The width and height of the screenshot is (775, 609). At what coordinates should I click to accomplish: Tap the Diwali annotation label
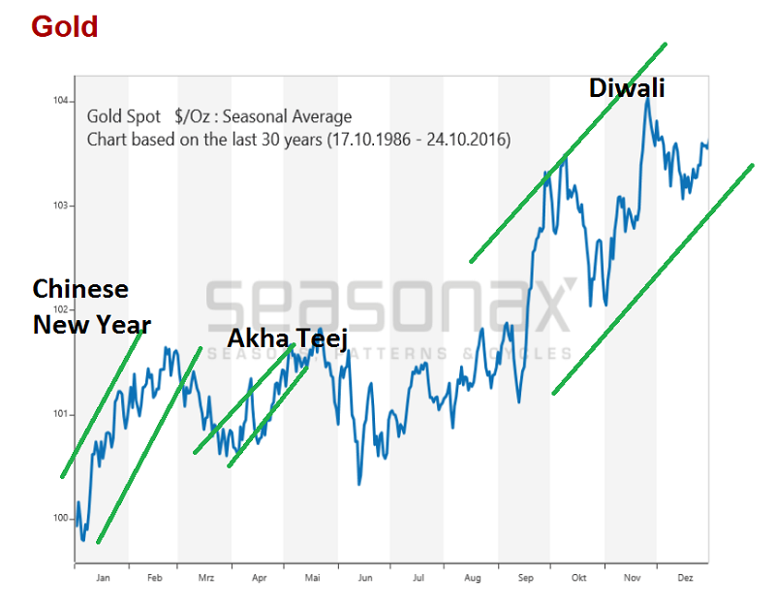pyautogui.click(x=628, y=89)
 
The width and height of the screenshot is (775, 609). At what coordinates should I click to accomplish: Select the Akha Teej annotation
pyautogui.click(x=287, y=338)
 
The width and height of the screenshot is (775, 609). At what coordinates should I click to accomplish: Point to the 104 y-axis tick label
pyautogui.click(x=60, y=101)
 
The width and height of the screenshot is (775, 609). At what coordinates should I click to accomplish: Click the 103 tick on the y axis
pyautogui.click(x=60, y=206)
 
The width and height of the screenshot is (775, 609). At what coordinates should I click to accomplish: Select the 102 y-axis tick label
pyautogui.click(x=60, y=310)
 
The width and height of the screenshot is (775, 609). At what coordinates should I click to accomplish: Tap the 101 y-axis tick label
pyautogui.click(x=60, y=415)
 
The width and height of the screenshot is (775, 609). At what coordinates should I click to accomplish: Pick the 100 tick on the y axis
pyautogui.click(x=60, y=519)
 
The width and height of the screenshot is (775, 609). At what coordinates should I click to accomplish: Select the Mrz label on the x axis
pyautogui.click(x=206, y=577)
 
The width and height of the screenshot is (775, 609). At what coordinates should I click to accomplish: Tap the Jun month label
pyautogui.click(x=364, y=577)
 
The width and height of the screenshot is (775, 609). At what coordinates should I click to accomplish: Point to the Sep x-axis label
pyautogui.click(x=525, y=577)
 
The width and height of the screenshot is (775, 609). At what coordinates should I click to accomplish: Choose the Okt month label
pyautogui.click(x=578, y=577)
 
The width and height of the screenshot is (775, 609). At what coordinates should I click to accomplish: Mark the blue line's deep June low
pyautogui.click(x=358, y=483)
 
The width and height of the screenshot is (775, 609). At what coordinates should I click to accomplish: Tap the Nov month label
pyautogui.click(x=631, y=577)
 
